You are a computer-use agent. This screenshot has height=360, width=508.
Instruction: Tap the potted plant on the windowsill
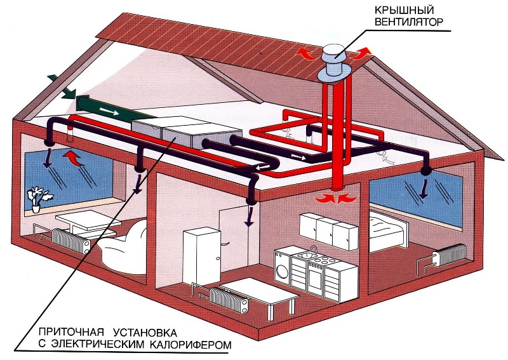coord(37,197)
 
